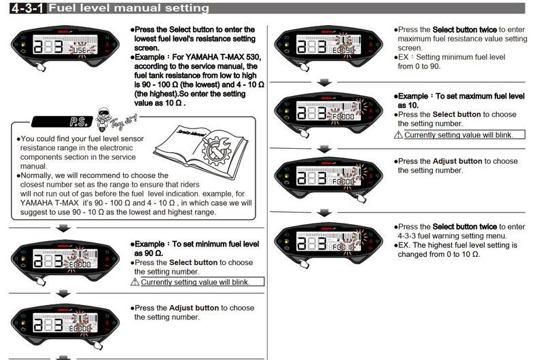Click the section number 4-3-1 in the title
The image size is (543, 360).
point(25,8)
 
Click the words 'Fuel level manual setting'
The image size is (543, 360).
point(129,8)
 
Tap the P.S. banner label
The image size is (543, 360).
point(76,124)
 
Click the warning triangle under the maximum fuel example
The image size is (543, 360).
point(399,135)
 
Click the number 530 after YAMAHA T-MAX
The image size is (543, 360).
point(246,56)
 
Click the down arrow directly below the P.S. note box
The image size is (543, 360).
point(63,229)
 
